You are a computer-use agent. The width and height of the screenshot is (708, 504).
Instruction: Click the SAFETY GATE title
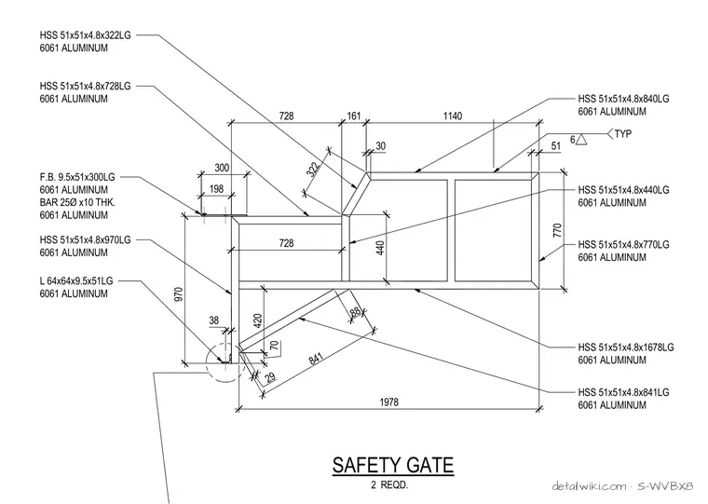click(x=393, y=465)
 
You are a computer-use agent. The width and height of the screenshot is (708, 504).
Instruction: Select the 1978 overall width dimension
click(x=388, y=402)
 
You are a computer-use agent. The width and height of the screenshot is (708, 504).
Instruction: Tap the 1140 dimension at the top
click(x=453, y=116)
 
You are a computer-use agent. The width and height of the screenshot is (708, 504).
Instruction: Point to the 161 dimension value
click(x=354, y=116)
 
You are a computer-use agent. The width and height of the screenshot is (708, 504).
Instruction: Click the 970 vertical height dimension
click(x=179, y=294)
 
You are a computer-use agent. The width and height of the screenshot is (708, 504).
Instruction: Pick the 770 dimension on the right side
click(x=557, y=230)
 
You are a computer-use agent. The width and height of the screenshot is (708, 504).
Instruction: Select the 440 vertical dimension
click(x=380, y=248)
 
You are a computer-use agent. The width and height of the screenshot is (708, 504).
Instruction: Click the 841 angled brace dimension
click(x=317, y=358)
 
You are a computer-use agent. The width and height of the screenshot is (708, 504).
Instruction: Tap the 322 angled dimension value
click(x=313, y=170)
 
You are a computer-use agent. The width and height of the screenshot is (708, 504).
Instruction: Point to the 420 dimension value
click(x=258, y=320)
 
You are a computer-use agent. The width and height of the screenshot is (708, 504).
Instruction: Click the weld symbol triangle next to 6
click(x=581, y=140)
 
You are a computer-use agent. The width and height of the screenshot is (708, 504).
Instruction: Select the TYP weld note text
click(x=622, y=133)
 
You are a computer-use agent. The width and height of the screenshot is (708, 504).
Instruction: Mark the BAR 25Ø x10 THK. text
click(x=77, y=202)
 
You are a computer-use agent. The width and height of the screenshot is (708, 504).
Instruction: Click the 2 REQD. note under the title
click(x=389, y=485)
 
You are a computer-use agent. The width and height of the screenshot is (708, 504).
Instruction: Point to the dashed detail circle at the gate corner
click(x=207, y=361)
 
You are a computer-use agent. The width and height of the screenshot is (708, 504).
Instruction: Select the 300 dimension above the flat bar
click(x=222, y=168)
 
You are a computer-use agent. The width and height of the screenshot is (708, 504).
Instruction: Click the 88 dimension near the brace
click(x=356, y=311)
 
